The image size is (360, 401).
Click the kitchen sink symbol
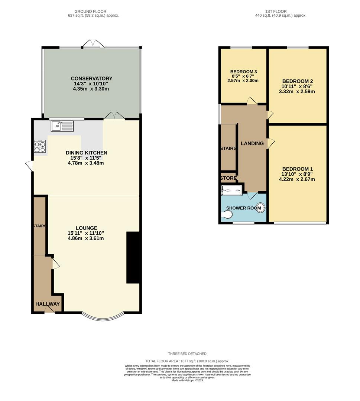[x=62, y=126]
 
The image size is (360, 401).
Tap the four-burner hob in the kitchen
[x=40, y=146]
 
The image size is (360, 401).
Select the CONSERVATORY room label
[x=91, y=78]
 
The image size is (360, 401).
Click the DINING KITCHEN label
[x=86, y=153]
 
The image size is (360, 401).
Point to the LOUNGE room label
[x=86, y=228]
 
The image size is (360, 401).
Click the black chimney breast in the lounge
[x=133, y=258]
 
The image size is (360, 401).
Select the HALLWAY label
[x=48, y=304]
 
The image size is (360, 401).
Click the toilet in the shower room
[x=226, y=215]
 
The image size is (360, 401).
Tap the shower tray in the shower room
[x=231, y=190]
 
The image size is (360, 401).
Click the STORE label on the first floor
[x=228, y=178]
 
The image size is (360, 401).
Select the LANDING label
[x=252, y=143]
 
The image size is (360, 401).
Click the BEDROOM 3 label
[x=243, y=72]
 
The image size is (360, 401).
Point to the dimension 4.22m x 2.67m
[x=297, y=179]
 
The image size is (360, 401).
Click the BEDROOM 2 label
[x=298, y=81]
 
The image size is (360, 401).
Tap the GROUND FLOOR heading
[x=91, y=12]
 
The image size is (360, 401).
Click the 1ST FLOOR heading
[x=276, y=12]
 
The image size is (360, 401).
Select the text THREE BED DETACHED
[x=187, y=354]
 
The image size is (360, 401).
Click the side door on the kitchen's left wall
[x=29, y=166]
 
